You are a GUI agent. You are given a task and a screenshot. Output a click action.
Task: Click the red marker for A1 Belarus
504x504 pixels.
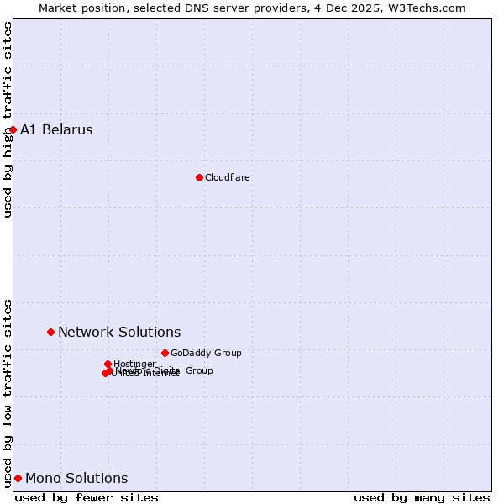click(x=13, y=129)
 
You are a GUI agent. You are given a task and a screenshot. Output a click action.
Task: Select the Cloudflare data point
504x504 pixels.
click(x=199, y=177)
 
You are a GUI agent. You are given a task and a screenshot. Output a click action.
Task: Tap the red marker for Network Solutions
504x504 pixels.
click(x=50, y=332)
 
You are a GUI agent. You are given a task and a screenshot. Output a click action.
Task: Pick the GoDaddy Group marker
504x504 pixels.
click(x=165, y=353)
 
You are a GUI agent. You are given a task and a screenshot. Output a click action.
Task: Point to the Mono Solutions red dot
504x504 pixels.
click(x=18, y=478)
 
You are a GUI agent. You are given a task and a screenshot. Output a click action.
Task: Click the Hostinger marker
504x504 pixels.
click(x=108, y=364)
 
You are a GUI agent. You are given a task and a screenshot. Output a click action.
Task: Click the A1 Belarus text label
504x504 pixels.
click(x=56, y=129)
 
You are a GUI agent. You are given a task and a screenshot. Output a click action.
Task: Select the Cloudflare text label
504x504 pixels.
click(x=227, y=177)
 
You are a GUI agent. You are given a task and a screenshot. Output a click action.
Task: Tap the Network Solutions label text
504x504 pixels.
click(x=119, y=332)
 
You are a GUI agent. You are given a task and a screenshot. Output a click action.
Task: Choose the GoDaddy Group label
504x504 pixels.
click(x=206, y=353)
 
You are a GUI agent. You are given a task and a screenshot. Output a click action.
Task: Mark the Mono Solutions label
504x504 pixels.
click(x=76, y=478)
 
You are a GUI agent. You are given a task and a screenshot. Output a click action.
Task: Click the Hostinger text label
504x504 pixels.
click(x=134, y=364)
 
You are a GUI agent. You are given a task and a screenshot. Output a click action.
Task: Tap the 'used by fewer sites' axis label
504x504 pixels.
click(x=87, y=497)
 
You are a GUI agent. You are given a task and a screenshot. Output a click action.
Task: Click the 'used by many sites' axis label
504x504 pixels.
click(x=422, y=497)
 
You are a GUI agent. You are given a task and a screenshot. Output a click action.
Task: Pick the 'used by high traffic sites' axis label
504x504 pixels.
click(x=8, y=119)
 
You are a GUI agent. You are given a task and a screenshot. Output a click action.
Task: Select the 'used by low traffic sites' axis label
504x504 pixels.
click(x=8, y=392)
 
